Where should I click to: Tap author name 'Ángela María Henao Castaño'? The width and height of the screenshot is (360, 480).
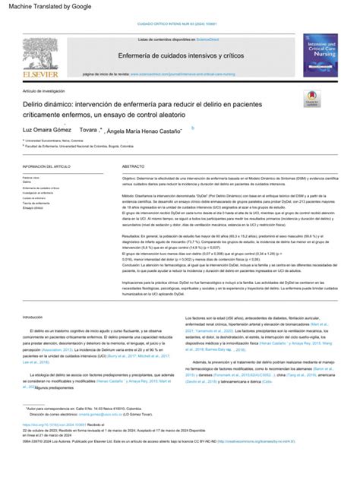[142, 131]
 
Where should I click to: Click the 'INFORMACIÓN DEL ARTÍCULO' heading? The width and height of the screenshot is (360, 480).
[47, 166]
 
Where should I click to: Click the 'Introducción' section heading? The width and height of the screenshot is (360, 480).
[33, 317]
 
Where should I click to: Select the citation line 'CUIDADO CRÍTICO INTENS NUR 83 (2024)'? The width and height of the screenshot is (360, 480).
[178, 24]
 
